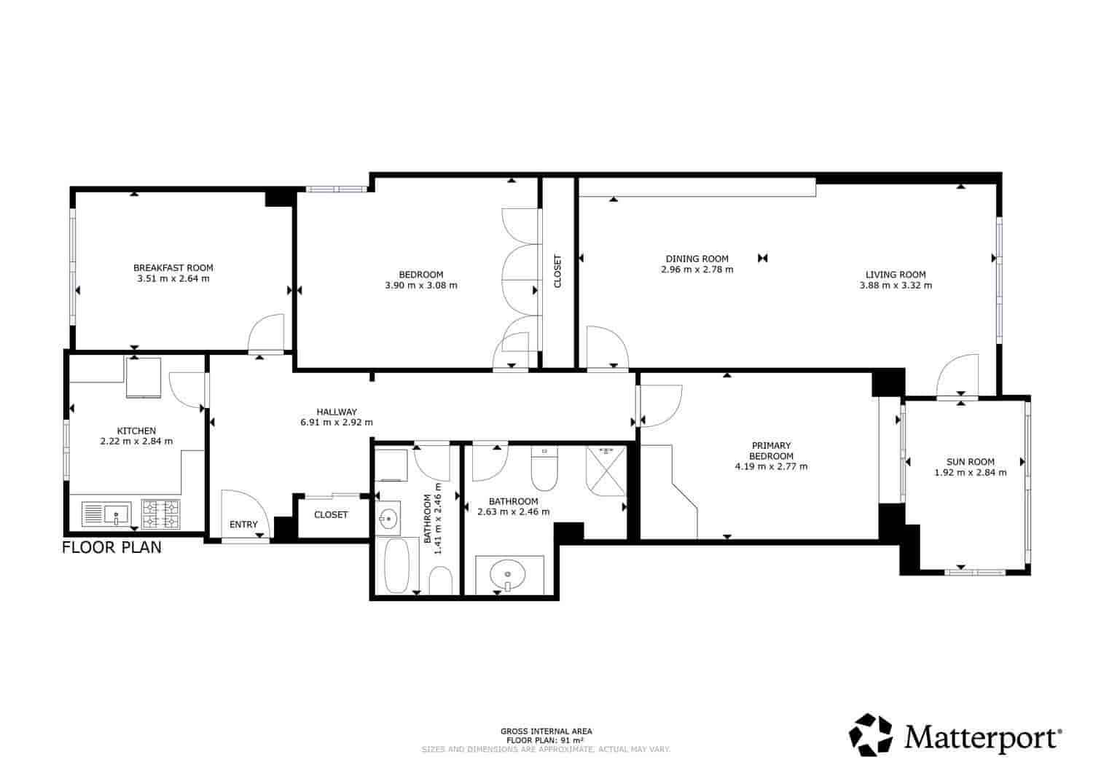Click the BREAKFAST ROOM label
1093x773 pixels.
click(x=173, y=267)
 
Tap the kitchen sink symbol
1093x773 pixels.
click(x=106, y=514)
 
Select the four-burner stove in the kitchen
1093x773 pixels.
click(x=160, y=514)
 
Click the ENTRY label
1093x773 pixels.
click(x=243, y=524)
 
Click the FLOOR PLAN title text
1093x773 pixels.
click(x=111, y=547)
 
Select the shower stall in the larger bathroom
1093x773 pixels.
click(x=606, y=470)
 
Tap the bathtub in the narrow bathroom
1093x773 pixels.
click(x=397, y=566)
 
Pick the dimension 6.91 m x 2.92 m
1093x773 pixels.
click(x=337, y=422)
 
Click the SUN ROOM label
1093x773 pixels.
click(x=970, y=461)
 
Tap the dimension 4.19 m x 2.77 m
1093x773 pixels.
click(x=771, y=466)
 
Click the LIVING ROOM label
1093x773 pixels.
click(x=896, y=275)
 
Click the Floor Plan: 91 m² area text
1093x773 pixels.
click(x=546, y=739)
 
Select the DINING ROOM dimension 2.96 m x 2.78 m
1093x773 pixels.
click(x=697, y=269)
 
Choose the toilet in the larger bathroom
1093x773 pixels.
click(x=544, y=470)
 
